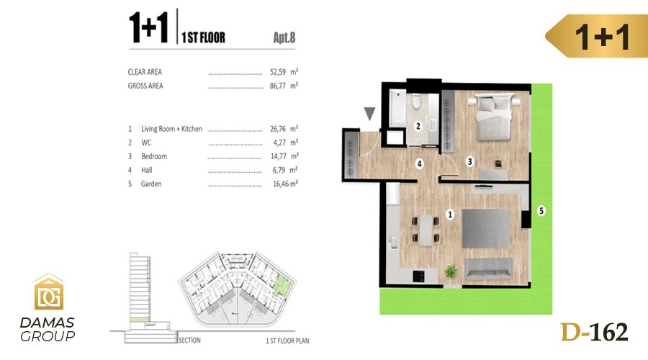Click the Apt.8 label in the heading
[x=284, y=37]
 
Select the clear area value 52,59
[x=278, y=72]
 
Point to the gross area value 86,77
[x=278, y=86]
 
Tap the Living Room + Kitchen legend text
[x=171, y=129]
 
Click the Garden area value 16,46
[x=281, y=184]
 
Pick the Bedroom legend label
[x=154, y=156]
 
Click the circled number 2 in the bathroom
[x=418, y=126]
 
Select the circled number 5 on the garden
[x=541, y=211]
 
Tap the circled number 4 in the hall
[x=420, y=163]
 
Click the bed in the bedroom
[x=494, y=117]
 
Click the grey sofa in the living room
[x=488, y=269]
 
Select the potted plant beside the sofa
[x=451, y=271]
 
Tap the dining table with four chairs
[x=426, y=230]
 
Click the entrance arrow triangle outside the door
[x=369, y=114]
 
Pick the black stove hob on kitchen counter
[x=418, y=276]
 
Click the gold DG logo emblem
[x=49, y=292]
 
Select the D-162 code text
[x=594, y=333]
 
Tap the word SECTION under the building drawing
[x=189, y=340]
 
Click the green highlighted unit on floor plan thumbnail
[x=282, y=284]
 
